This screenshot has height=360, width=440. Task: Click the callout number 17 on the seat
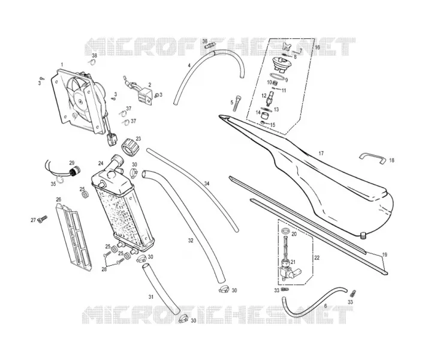pos(321,154)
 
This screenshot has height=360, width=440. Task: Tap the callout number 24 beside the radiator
pos(101,163)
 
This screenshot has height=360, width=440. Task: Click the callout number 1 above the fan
pos(62,65)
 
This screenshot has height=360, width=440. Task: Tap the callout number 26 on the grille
pos(58,200)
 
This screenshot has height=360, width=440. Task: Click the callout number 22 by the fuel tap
pos(317,257)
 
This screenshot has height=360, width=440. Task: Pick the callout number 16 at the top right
pos(317,47)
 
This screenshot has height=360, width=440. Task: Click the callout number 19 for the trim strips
pos(385,254)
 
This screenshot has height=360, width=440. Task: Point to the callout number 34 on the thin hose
pos(207,184)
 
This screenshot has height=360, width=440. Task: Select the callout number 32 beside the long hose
pos(191,241)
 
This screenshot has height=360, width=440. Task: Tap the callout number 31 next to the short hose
pos(151,297)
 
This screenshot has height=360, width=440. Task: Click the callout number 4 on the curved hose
pos(189,65)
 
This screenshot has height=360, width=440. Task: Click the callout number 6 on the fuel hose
pos(326,306)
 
